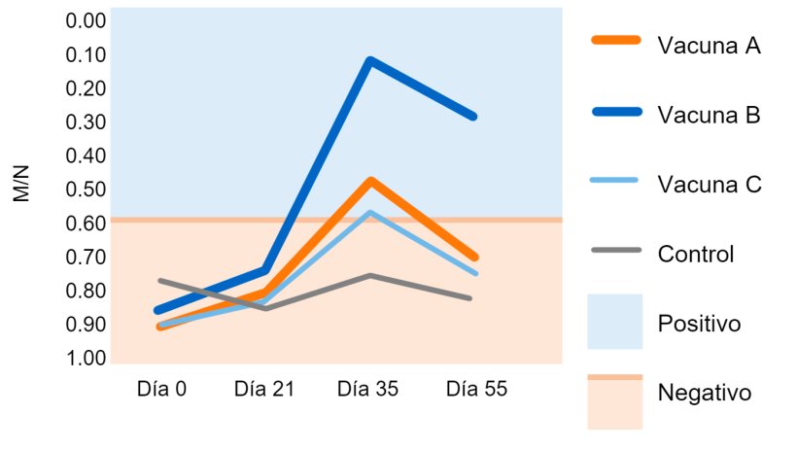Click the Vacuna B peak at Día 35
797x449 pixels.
pos(369,60)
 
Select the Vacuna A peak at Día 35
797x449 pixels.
pos(370,181)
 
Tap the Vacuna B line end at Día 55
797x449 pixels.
pos(473,116)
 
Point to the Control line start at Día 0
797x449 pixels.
pos(159,281)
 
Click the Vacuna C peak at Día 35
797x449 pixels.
pos(370,212)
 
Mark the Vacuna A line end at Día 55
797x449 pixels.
pos(474,258)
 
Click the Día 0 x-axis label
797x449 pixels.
pos(161,389)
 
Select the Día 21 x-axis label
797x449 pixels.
pos(263,389)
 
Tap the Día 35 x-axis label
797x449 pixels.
pos(367,389)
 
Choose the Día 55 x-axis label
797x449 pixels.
pos(476,389)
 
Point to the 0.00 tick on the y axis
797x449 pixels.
pos(88,21)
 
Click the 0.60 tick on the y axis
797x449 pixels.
pos(88,224)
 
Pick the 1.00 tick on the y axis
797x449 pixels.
pos(88,359)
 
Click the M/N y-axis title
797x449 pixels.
pos(22,184)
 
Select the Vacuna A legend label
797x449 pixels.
pos(709,46)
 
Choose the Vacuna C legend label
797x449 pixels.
pos(709,185)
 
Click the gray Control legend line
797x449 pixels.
pos(615,251)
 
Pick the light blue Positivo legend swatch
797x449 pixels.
pos(615,321)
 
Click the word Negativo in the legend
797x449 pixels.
pos(705,394)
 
